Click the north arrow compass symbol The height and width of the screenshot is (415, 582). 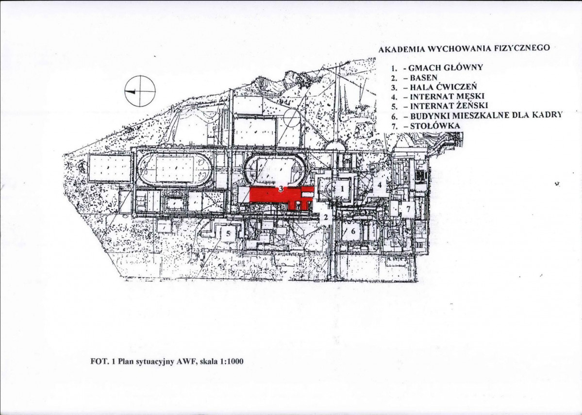140,91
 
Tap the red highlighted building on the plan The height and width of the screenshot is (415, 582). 275,195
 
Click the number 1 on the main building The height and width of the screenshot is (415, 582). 342,188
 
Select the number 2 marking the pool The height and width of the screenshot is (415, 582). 326,217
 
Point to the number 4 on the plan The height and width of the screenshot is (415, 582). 379,184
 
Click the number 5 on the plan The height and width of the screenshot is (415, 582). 228,233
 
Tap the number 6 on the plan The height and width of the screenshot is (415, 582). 353,231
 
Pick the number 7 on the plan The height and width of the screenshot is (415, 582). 408,209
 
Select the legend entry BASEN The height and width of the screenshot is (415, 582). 423,78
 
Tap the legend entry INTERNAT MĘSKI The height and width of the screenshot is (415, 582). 447,97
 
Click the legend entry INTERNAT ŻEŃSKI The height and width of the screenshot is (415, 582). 449,106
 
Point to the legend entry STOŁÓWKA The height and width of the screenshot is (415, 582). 435,125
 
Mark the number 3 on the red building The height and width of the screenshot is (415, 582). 281,189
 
